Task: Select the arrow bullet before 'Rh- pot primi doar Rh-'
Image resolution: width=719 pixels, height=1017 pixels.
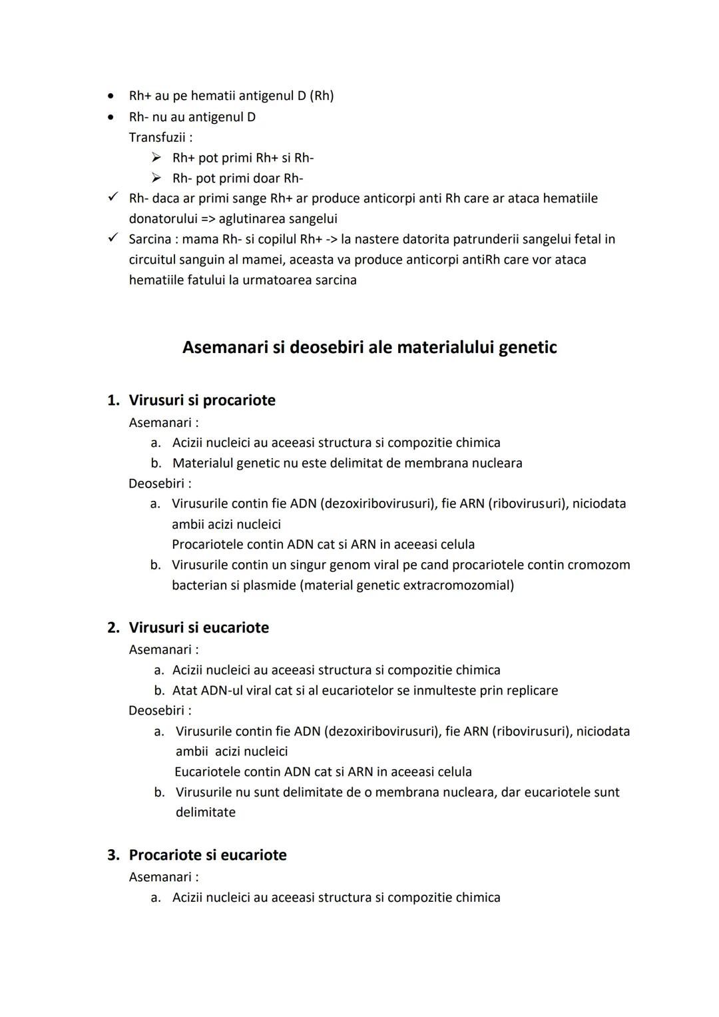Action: coord(156,178)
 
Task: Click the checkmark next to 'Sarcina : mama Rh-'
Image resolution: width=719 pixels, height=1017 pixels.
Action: coord(114,238)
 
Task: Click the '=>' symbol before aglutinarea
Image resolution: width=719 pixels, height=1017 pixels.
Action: coord(208,218)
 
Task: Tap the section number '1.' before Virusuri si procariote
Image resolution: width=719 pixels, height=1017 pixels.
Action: coord(113,400)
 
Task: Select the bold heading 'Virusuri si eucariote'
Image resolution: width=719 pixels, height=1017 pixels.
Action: coord(198,627)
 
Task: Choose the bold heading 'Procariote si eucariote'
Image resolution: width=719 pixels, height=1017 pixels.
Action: coord(207,854)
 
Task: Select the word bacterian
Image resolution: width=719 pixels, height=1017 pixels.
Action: coord(200,585)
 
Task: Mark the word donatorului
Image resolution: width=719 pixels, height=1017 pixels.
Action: coord(162,218)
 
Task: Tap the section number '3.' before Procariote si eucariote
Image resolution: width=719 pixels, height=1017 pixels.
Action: coord(113,855)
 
